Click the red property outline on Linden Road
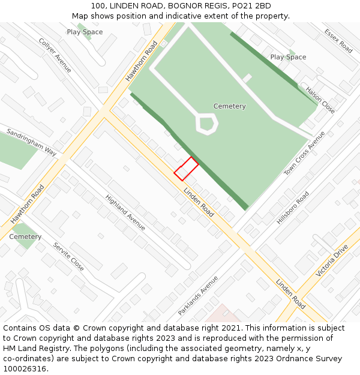coord(186,169)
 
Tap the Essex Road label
coord(338,41)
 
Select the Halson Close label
coord(320,100)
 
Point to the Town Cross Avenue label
coord(304,154)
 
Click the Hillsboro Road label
coord(293,208)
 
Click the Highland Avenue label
coord(125,212)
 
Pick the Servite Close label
coord(68,256)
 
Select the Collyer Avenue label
coord(55,55)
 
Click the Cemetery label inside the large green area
coord(230,106)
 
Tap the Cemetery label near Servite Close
coord(25,237)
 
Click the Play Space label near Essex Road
coord(288,57)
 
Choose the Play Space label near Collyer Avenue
coord(85,32)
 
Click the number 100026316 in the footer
coord(25,369)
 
